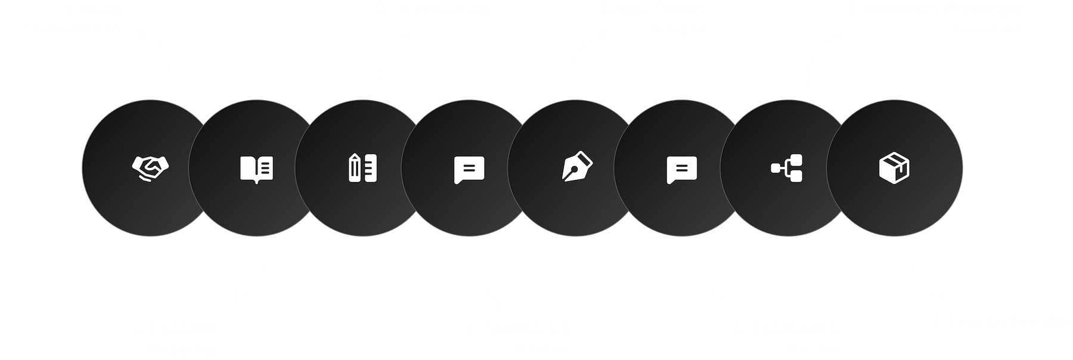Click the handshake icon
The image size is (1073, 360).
[150, 167]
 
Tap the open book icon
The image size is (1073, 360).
[256, 169]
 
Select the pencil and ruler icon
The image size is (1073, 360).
[362, 168]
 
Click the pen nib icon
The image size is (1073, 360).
[575, 168]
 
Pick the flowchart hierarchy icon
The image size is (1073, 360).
[787, 168]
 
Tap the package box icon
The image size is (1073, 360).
[894, 167]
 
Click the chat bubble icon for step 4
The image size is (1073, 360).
[469, 169]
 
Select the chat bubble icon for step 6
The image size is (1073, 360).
[681, 169]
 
